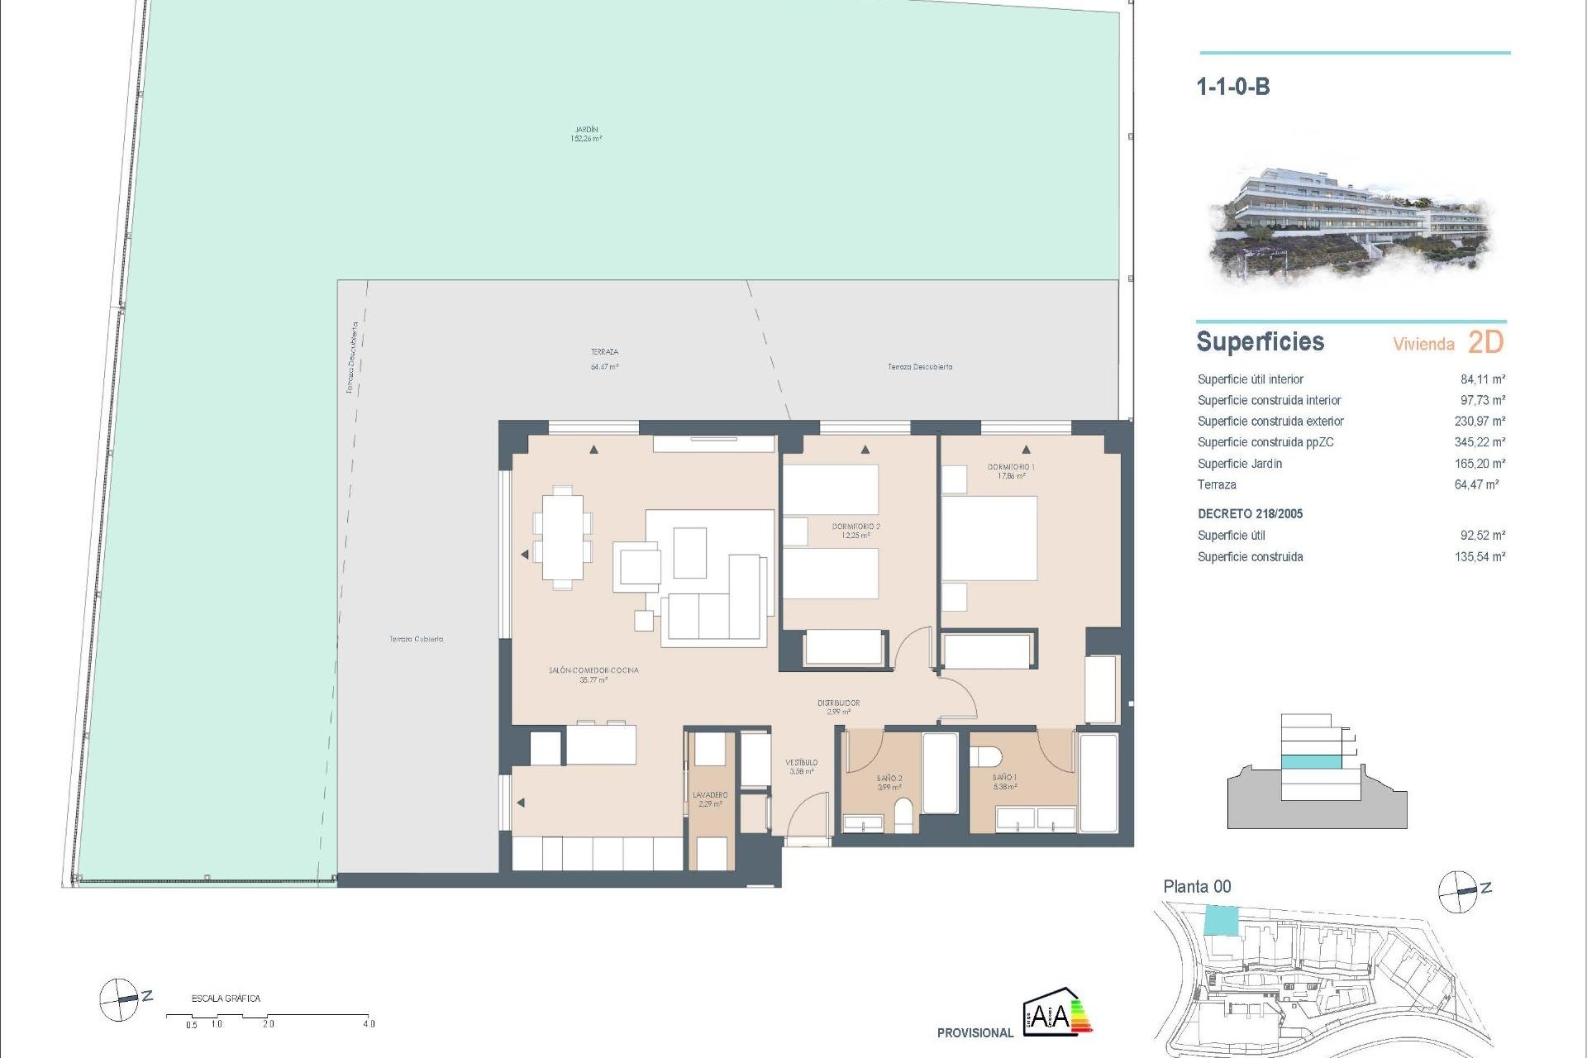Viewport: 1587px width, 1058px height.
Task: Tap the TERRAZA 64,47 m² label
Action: click(604, 359)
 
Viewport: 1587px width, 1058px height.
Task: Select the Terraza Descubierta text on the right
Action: click(920, 367)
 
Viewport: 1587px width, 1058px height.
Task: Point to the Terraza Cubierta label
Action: click(417, 639)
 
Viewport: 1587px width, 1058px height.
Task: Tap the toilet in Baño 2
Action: click(904, 814)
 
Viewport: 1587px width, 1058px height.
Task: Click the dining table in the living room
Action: click(562, 537)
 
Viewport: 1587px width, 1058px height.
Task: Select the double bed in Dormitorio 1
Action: click(989, 537)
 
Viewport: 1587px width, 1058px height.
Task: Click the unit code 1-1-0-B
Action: click(1232, 87)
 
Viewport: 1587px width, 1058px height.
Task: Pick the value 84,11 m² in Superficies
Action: click(1482, 379)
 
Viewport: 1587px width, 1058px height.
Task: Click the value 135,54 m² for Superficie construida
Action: click(1480, 557)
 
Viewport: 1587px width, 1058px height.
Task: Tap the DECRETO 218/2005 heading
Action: click(1250, 514)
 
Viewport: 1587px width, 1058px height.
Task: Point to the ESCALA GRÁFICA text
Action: click(226, 998)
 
